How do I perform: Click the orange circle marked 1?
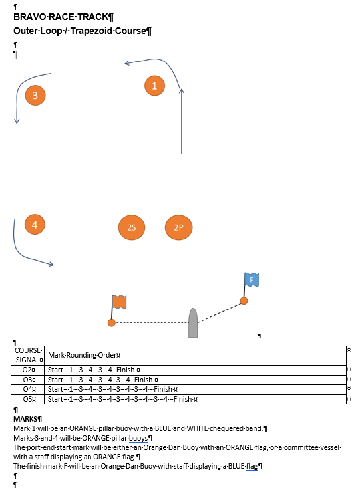tap(154, 86)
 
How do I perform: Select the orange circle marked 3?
tap(35, 96)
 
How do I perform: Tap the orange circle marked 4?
tap(35, 225)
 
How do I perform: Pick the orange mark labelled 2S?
tap(132, 227)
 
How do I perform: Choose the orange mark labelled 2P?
tap(179, 227)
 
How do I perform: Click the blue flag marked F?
tap(252, 280)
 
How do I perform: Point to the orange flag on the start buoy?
tap(120, 302)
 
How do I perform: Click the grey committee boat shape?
tap(193, 323)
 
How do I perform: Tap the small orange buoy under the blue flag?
tap(244, 301)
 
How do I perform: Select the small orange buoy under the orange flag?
tap(112, 323)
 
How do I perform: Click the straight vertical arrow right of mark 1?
tap(182, 121)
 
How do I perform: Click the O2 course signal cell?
tap(28, 370)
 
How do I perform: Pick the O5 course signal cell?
tap(28, 399)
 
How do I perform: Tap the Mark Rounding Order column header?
tap(84, 356)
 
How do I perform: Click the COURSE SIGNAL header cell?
tap(28, 356)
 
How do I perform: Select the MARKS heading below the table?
tap(27, 419)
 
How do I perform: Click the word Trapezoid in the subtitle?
tap(91, 31)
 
